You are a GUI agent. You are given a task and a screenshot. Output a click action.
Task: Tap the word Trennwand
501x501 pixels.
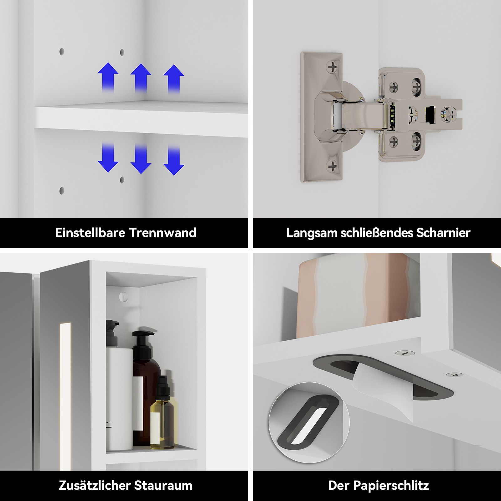click(163, 233)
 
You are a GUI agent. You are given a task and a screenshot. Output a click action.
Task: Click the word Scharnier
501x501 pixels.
click(443, 233)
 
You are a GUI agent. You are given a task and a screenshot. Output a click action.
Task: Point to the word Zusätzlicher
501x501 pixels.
click(95, 485)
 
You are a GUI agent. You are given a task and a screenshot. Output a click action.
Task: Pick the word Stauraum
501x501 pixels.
click(163, 485)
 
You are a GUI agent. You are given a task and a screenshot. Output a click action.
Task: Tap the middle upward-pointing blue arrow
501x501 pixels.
click(141, 78)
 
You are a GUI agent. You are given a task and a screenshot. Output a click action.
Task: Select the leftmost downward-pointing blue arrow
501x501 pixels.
click(108, 158)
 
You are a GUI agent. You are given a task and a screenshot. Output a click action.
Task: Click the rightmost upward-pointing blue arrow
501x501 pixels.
click(174, 78)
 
